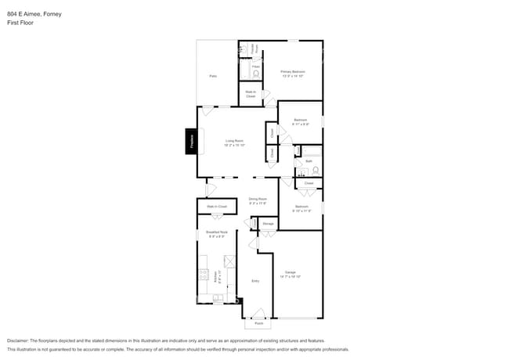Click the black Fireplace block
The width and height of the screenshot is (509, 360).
[x=190, y=142]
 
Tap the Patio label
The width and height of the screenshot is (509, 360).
[x=213, y=76]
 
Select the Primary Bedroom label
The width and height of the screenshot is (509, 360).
[x=293, y=72]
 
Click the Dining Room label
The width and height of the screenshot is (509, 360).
[x=258, y=200]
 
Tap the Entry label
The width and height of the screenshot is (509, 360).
[x=255, y=280]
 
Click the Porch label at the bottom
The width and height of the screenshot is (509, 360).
[x=258, y=322]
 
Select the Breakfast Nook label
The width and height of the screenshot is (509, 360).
[x=216, y=232]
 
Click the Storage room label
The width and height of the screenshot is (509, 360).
[x=268, y=225]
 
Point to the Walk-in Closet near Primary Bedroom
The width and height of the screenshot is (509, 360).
[x=251, y=93]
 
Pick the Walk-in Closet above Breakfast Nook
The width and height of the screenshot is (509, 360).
[x=217, y=207]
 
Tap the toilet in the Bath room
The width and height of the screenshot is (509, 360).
[x=315, y=170]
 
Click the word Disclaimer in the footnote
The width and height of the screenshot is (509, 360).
[x=22, y=341]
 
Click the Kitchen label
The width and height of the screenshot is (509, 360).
[x=215, y=275]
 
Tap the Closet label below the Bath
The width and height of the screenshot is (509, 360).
[x=309, y=183]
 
